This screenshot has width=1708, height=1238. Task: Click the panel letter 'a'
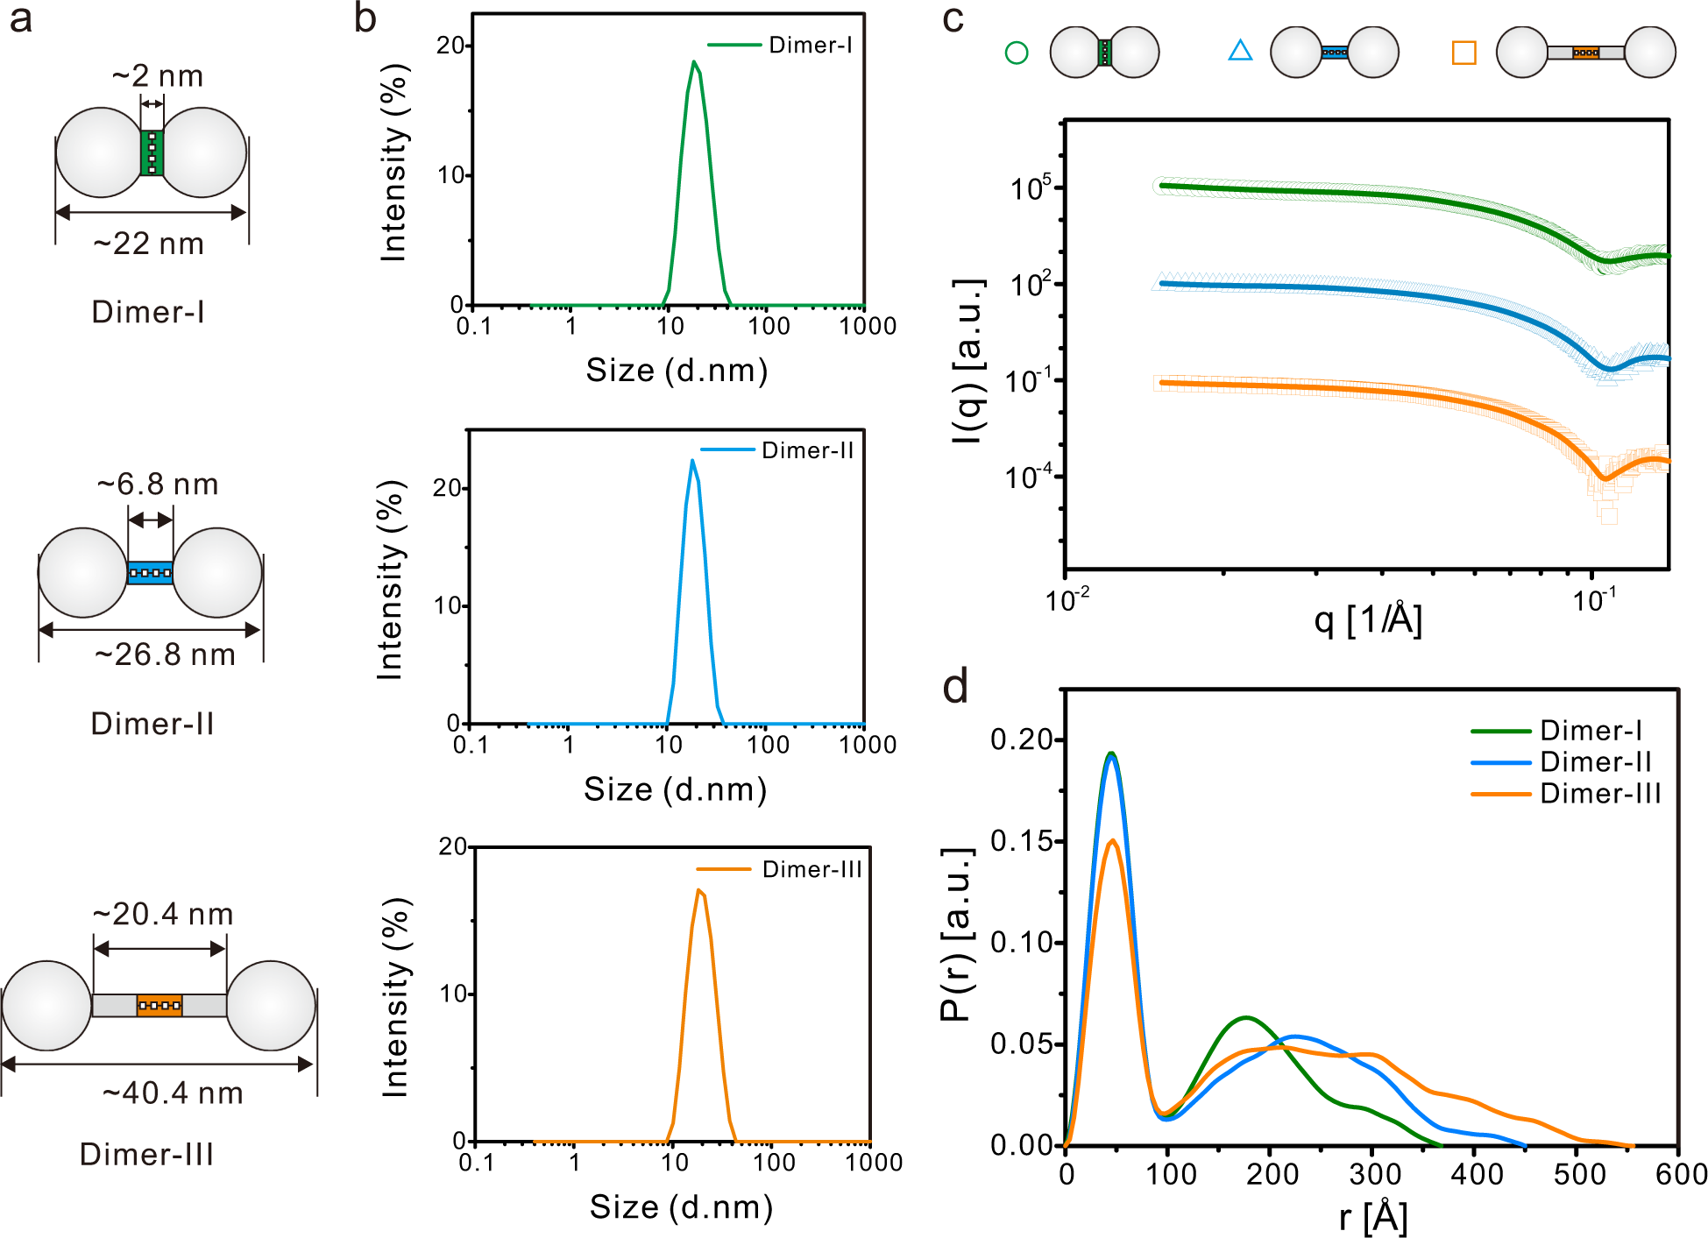coord(21,19)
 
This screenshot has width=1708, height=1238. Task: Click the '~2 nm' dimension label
coord(157,77)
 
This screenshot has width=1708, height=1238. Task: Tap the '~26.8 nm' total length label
coord(165,654)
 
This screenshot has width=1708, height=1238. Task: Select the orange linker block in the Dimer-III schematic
coord(159,1005)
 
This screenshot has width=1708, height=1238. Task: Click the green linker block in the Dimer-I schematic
coord(152,153)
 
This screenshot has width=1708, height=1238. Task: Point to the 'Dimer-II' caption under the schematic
coord(152,724)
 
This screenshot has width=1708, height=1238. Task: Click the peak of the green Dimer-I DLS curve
coord(694,62)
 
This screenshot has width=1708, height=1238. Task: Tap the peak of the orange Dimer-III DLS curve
coord(698,891)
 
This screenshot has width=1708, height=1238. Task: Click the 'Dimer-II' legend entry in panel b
coord(806,450)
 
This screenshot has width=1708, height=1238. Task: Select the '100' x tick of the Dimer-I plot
coord(769,326)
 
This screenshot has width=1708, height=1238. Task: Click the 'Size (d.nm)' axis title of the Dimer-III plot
coord(681,1207)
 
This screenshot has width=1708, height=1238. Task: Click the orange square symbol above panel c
coord(1463,53)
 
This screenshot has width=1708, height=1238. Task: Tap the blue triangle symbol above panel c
coord(1240,51)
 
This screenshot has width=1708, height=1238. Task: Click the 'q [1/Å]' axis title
coord(1367,620)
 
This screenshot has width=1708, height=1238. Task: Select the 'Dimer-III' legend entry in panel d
coord(1599,794)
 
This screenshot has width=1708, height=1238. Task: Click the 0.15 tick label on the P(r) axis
coord(1020,841)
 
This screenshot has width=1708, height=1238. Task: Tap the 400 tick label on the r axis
coord(1477,1175)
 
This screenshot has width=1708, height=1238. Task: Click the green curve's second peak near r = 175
coord(1245,1018)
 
